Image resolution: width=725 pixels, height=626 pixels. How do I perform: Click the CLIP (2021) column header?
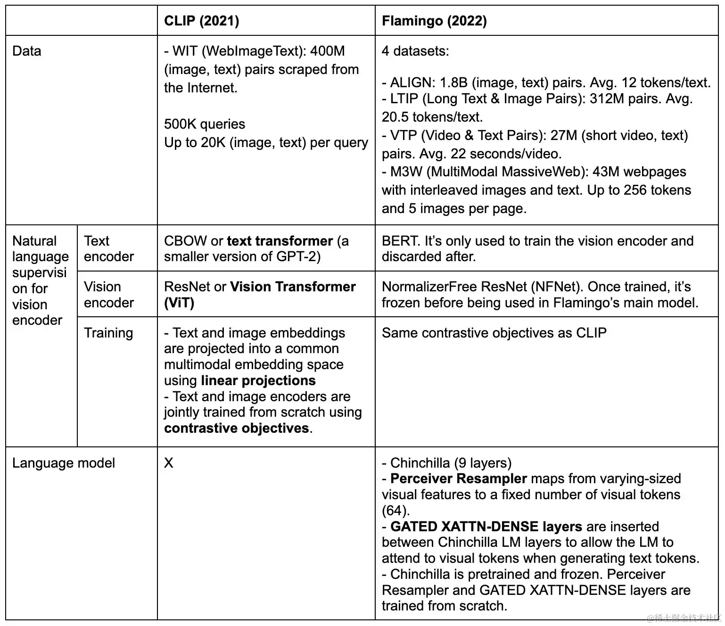point(201,21)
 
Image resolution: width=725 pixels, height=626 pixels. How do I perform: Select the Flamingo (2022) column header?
point(434,21)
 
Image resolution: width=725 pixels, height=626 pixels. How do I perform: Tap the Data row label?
point(27,51)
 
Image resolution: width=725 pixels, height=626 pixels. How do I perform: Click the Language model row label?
point(64,463)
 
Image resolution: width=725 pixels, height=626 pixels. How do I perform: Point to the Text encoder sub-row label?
point(108,248)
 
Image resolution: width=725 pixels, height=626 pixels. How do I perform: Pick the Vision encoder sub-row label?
point(108,295)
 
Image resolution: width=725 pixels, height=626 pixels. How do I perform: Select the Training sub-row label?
point(108,333)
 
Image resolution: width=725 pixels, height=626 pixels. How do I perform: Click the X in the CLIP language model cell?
point(168,463)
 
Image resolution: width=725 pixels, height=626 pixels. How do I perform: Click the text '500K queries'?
point(205,124)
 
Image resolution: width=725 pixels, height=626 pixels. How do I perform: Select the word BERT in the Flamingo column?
point(401,241)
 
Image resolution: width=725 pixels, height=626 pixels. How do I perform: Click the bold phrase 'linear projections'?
point(258,380)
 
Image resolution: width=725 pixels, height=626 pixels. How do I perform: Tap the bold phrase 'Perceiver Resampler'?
point(458,478)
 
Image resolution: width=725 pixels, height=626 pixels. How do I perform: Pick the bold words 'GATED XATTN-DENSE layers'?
point(486,527)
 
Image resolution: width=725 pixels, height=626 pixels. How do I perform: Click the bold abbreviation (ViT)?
point(179,303)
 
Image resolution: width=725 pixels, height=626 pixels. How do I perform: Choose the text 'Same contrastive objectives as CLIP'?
point(494,333)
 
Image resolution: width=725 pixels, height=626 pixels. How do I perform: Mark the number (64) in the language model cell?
point(395,511)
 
